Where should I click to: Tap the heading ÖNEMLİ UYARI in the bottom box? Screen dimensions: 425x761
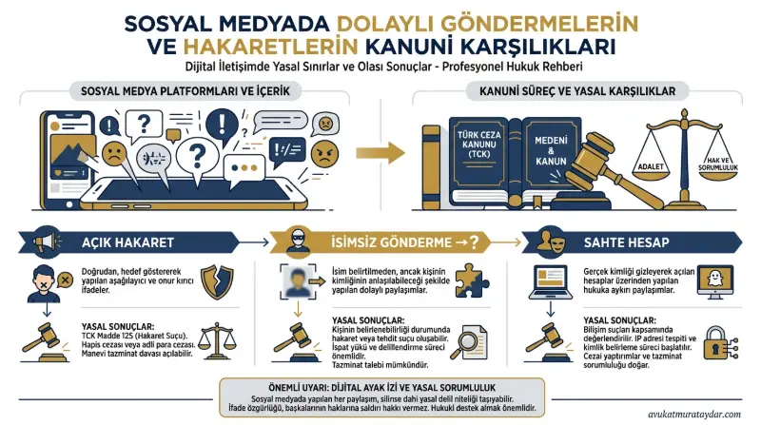pyautogui.click(x=291, y=388)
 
